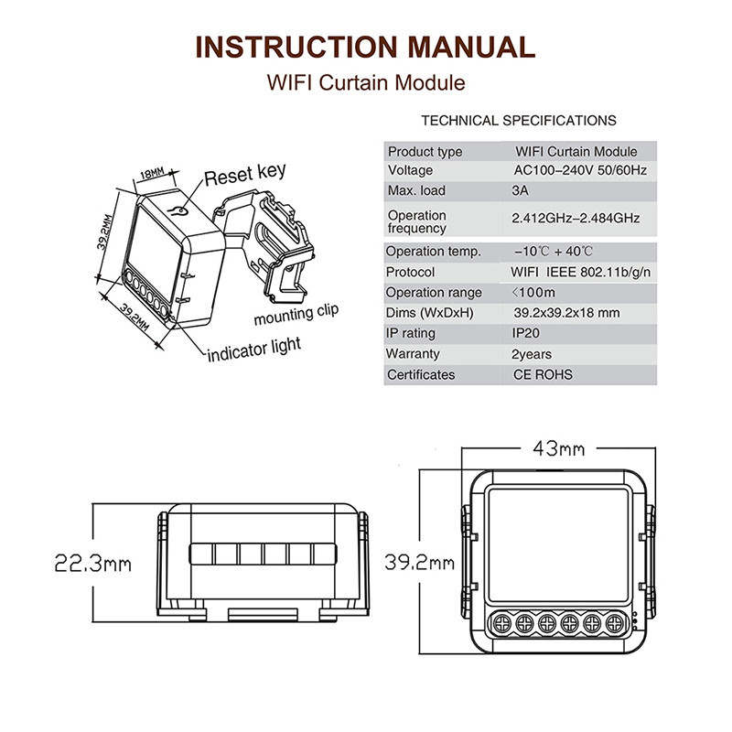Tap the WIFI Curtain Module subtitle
tap(366, 82)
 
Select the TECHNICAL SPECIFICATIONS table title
tap(518, 120)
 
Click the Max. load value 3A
tap(521, 190)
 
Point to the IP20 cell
tap(527, 333)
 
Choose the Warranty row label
tap(413, 354)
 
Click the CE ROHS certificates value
tap(544, 374)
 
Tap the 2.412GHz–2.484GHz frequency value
tap(575, 218)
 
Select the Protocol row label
tap(410, 272)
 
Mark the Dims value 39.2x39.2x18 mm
tap(566, 313)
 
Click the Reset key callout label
tap(244, 174)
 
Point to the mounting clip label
tap(296, 315)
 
